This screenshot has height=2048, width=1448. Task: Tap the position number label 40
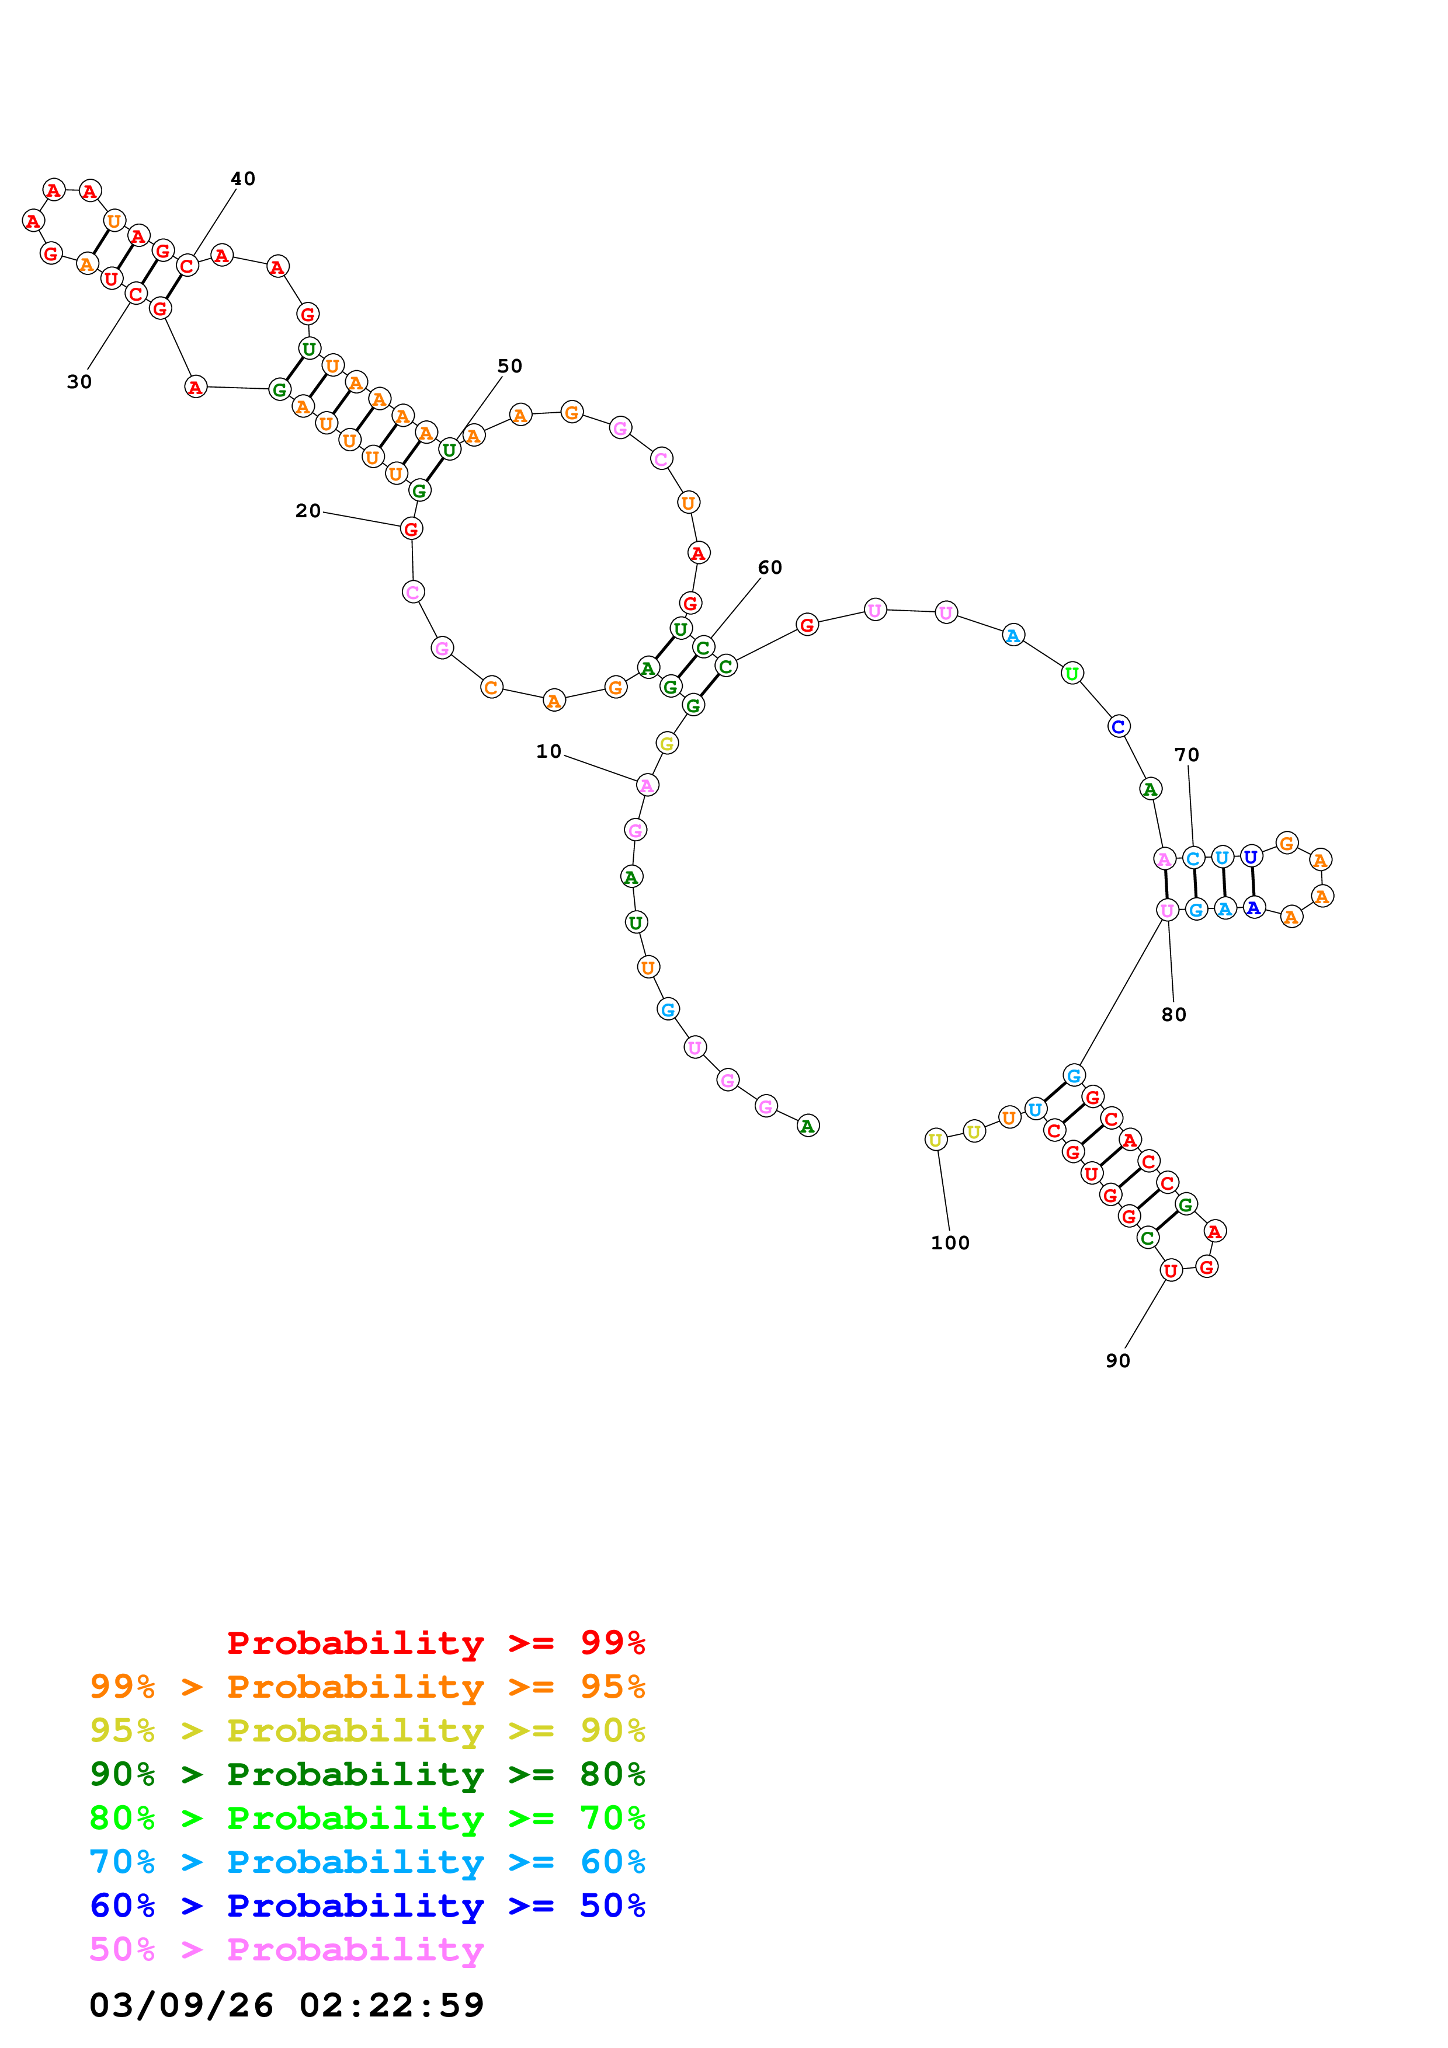click(242, 179)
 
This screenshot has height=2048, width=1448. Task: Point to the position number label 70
click(1186, 755)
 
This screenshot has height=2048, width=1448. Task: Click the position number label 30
click(79, 382)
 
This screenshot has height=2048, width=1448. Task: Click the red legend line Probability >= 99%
click(435, 1642)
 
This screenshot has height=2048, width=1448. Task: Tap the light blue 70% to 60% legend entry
click(367, 1862)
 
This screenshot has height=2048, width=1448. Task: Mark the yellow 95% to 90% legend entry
click(367, 1730)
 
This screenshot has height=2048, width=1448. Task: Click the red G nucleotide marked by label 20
click(411, 529)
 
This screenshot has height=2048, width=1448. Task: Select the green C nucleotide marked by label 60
click(703, 647)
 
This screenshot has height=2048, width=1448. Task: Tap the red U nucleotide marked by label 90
click(1171, 1270)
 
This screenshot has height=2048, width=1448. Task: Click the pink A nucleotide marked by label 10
click(647, 785)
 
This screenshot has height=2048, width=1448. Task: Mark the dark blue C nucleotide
click(1118, 726)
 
